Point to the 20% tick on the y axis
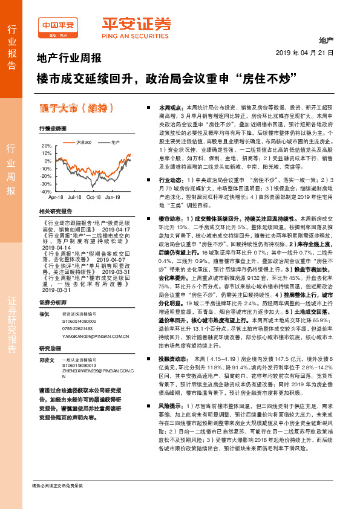[x=45, y=146]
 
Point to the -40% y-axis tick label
[x=45, y=191]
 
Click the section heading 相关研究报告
[x=55, y=211]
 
